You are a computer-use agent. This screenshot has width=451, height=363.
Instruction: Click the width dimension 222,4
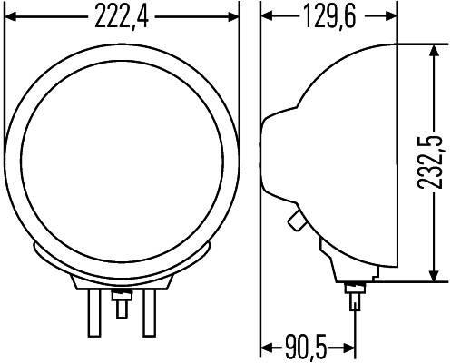tap(121, 16)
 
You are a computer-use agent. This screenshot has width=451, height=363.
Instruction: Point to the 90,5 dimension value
tap(304, 348)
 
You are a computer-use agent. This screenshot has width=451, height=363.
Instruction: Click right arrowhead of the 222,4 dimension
tap(233, 16)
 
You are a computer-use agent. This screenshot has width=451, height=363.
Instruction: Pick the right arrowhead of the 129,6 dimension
tap(391, 16)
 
